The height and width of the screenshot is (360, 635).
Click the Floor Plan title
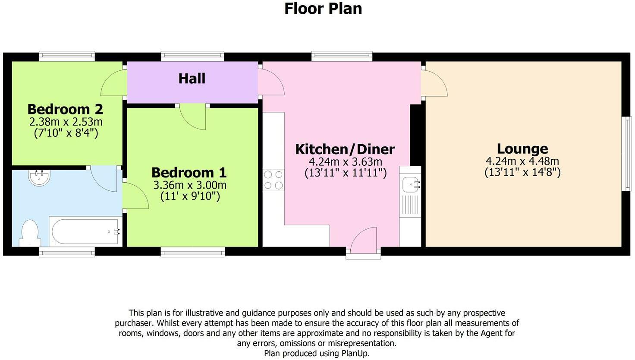click(323, 9)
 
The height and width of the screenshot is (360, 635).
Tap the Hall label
click(192, 79)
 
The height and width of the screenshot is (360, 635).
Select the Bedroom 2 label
click(65, 109)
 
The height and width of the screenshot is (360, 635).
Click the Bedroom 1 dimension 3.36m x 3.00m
click(190, 185)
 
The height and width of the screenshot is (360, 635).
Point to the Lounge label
click(522, 148)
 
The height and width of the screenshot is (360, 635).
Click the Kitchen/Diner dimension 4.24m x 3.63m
click(346, 162)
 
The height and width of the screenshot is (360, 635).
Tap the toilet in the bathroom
click(30, 233)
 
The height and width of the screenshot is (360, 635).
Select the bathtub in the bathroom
click(85, 231)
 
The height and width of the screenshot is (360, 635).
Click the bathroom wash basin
click(39, 177)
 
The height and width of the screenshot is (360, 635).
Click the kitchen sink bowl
click(411, 185)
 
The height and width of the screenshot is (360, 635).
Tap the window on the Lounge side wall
click(626, 154)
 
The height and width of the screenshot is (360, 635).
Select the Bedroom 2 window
click(67, 56)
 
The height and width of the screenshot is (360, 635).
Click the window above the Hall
click(192, 56)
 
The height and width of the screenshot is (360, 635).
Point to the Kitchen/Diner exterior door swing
click(364, 240)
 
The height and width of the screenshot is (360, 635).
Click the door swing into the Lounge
click(434, 83)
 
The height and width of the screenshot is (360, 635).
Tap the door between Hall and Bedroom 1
click(193, 117)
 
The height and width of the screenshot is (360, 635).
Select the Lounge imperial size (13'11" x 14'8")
click(522, 172)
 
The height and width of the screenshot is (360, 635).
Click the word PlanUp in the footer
click(355, 354)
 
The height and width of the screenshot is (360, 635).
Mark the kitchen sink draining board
click(411, 205)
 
